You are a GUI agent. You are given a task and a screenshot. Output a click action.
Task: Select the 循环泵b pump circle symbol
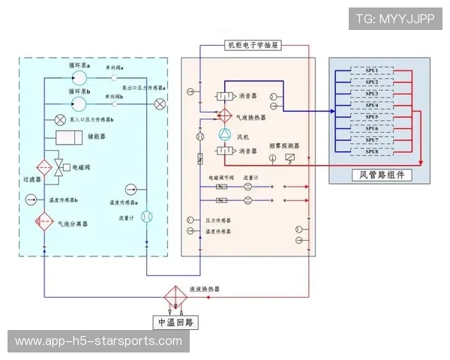point(79,100)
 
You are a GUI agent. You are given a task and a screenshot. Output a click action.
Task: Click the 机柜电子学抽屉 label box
point(253,46)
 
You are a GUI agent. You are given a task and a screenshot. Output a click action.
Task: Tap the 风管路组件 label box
point(381,175)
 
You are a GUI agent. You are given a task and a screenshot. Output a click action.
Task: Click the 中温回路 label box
point(175,322)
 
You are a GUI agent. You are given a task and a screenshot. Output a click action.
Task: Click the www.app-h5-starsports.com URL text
point(98,341)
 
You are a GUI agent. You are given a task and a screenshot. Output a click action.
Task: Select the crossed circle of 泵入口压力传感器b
point(60,120)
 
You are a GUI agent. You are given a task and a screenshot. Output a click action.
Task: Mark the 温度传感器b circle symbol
point(32,199)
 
